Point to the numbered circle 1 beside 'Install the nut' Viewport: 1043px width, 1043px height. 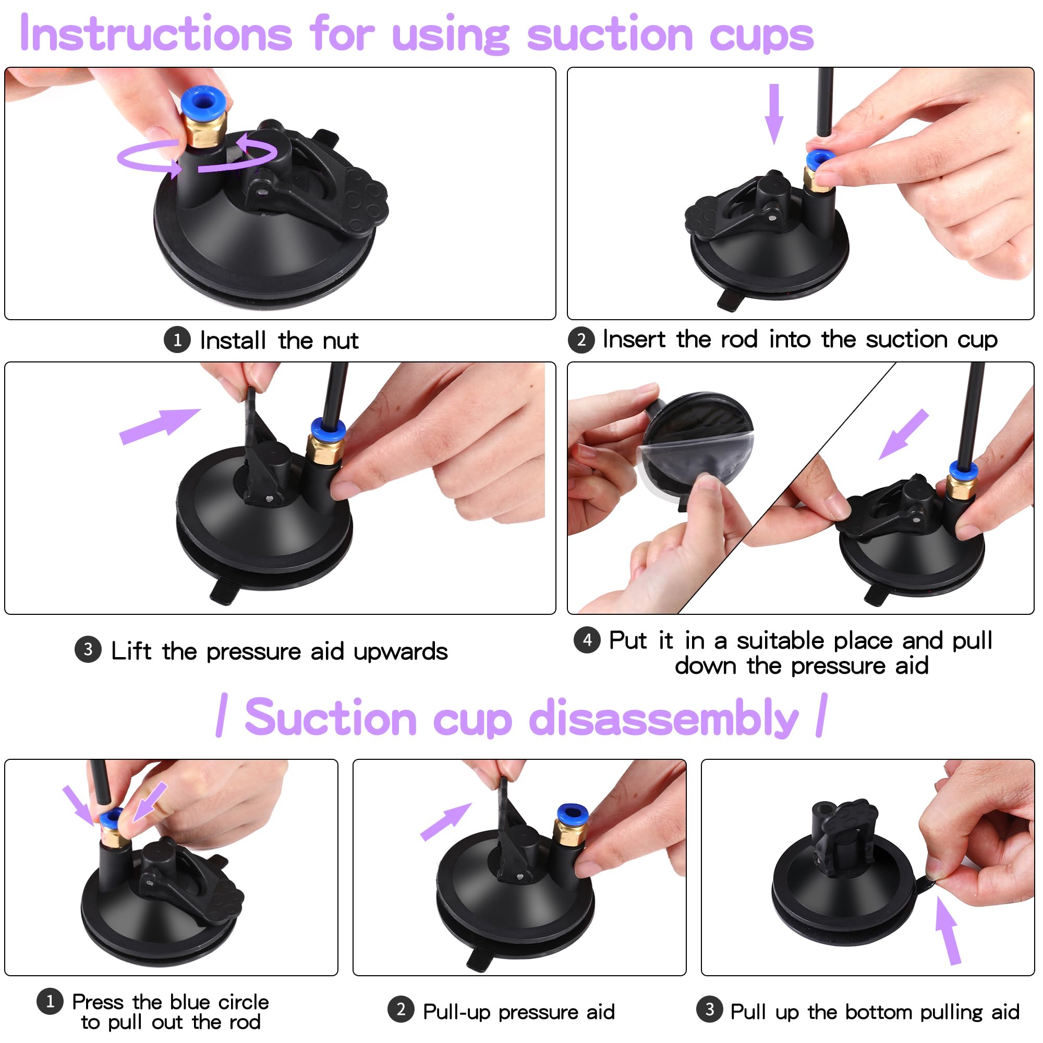177,340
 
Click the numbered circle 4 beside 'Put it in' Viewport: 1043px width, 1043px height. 587,640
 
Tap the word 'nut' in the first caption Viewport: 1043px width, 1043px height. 341,341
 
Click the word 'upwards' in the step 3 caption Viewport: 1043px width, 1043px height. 400,651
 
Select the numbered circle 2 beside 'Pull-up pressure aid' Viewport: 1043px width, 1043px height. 401,1010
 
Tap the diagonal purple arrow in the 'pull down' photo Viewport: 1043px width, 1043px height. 904,434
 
